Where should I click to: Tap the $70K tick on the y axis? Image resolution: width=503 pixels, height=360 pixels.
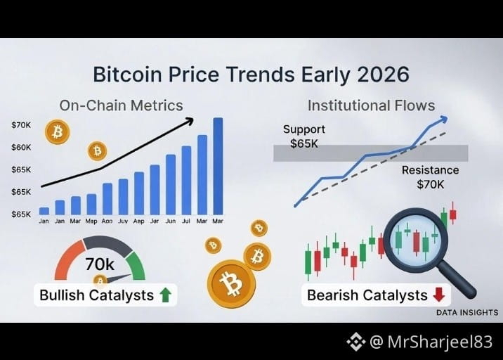tap(21, 125)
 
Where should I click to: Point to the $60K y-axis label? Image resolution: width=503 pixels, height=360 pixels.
tap(21, 148)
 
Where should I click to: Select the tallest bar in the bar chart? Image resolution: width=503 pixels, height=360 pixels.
tap(218, 166)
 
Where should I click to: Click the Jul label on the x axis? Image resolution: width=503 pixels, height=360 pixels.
tap(186, 221)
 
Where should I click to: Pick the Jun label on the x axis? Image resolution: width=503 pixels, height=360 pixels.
tap(170, 221)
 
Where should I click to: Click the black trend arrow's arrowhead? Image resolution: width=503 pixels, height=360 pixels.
tap(190, 121)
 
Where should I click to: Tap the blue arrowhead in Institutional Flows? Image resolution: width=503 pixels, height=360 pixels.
tap(443, 120)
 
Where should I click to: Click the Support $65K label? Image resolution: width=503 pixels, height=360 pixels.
tap(303, 136)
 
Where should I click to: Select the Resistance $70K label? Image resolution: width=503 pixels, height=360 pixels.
tap(430, 177)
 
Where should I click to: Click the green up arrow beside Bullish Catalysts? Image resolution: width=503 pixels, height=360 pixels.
tap(165, 295)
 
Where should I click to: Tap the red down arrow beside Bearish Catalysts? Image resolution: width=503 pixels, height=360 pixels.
tap(439, 295)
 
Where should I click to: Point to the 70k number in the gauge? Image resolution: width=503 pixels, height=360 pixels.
tap(100, 264)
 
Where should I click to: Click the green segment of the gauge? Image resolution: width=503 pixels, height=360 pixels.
tap(136, 265)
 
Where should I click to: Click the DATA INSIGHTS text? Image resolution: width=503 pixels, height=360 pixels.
tap(467, 312)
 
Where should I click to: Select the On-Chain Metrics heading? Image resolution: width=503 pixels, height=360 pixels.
tap(121, 105)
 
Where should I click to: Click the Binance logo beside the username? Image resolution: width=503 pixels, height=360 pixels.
tap(355, 342)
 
